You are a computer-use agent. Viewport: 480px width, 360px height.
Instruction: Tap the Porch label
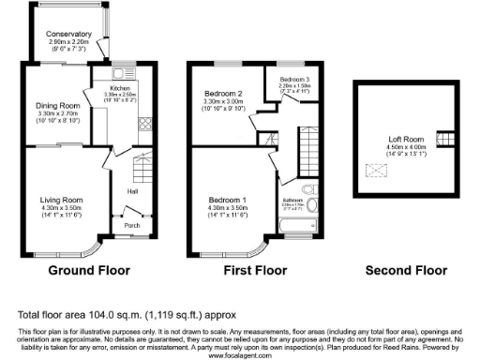(x=133, y=226)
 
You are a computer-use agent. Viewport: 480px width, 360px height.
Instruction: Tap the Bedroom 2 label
(x=225, y=94)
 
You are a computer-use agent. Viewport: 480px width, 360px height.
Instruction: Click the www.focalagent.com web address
(x=239, y=355)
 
